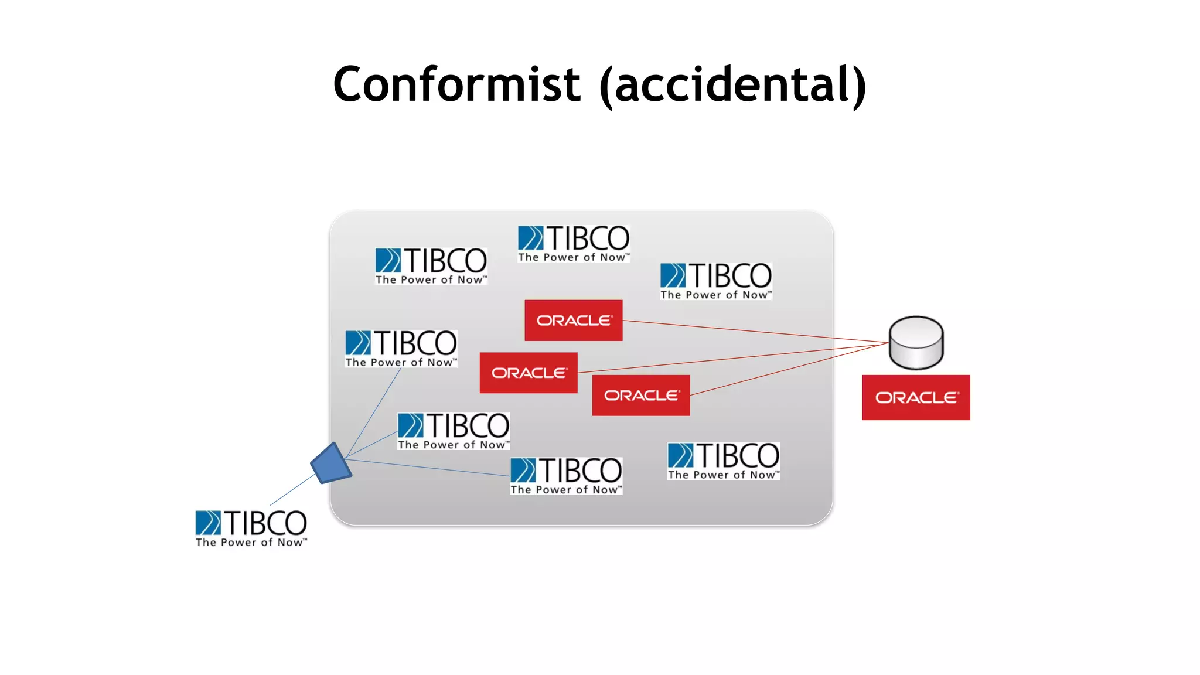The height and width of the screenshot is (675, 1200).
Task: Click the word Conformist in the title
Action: [456, 84]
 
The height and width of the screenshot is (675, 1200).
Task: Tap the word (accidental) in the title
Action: [732, 86]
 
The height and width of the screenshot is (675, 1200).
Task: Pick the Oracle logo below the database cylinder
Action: [916, 397]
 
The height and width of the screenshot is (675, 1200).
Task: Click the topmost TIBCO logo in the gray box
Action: [574, 243]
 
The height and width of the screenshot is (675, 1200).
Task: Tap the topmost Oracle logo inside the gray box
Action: [573, 320]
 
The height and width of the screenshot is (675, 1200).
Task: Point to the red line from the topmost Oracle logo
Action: [756, 331]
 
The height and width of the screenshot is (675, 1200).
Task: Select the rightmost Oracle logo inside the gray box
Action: [641, 396]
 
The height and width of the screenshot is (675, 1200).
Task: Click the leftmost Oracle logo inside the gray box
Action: [529, 373]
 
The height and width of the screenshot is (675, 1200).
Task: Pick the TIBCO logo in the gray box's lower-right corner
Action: [724, 461]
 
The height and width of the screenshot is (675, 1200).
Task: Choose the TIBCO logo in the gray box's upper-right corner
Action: [716, 281]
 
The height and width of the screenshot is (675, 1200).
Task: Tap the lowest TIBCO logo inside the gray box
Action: [566, 476]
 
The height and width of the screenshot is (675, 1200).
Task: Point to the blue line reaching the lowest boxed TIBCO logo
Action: [428, 468]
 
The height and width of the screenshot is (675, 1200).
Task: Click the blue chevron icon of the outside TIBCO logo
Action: [208, 523]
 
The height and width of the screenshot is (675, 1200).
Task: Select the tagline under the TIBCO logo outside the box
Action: [251, 543]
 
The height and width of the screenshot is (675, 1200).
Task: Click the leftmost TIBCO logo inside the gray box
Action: [401, 349]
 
